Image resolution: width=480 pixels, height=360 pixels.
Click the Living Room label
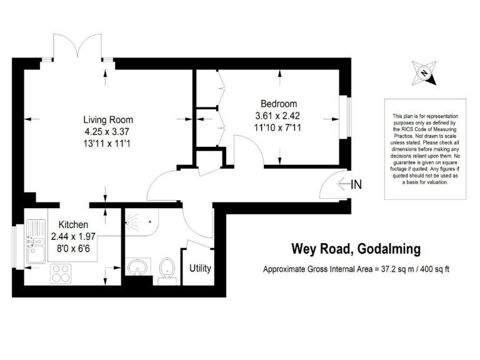coord(108,120)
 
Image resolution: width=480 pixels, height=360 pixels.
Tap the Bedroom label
coord(279,104)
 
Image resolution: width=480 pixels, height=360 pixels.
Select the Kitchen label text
coord(73,224)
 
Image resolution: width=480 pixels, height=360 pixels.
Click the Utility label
coord(200,269)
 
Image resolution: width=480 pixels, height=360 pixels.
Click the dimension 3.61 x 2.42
coord(279,116)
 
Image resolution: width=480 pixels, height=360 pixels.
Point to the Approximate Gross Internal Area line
coord(356,270)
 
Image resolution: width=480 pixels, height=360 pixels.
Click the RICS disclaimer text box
coord(425,150)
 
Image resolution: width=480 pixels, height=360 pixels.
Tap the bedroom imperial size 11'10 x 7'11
coord(279,127)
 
